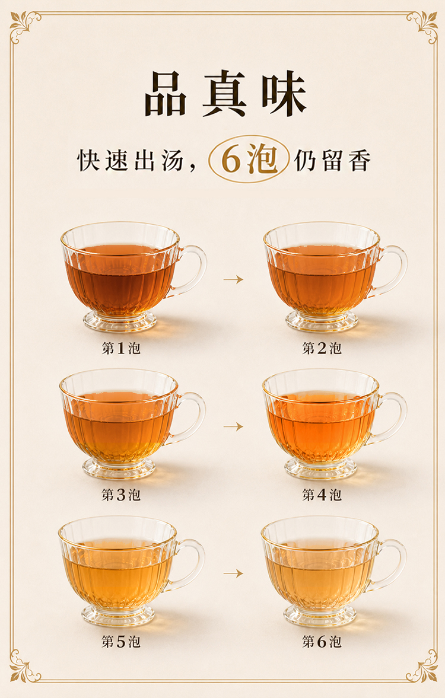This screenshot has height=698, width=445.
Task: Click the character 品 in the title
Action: tap(166, 94)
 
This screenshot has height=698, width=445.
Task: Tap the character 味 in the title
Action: tap(284, 94)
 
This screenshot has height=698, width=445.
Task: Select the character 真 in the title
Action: tap(224, 94)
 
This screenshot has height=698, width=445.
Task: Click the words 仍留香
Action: tap(332, 160)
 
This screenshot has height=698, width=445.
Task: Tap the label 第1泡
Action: tap(121, 348)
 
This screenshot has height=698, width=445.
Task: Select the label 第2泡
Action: tap(322, 348)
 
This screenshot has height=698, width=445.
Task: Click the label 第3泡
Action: tap(121, 495)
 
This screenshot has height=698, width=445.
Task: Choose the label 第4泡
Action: tap(322, 495)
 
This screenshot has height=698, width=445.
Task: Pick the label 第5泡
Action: tap(121, 642)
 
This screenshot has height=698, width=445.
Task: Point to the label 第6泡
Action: tap(322, 642)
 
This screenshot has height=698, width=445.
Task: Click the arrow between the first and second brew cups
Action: tap(233, 279)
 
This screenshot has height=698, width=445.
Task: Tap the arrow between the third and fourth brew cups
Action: tap(233, 426)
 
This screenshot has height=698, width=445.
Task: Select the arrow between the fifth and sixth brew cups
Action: tap(233, 573)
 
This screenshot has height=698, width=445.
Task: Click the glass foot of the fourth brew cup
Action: tap(321, 470)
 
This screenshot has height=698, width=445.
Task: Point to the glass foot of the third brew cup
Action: tap(119, 469)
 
